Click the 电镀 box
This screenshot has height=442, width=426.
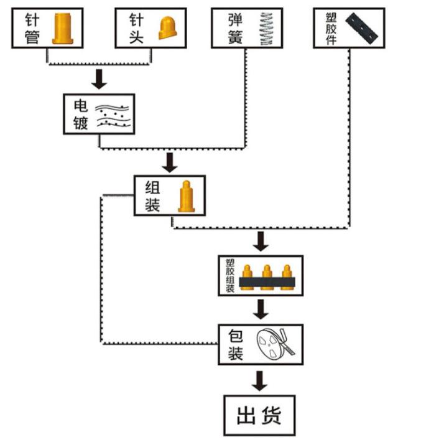pyautogui.click(x=100, y=113)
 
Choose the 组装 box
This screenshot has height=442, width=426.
pyautogui.click(x=169, y=195)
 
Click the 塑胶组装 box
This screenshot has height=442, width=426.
pyautogui.click(x=261, y=275)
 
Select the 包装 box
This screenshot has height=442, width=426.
pyautogui.click(x=261, y=344)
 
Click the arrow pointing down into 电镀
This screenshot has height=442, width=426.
pyautogui.click(x=99, y=79)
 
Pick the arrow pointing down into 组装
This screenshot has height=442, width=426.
pyautogui.click(x=169, y=162)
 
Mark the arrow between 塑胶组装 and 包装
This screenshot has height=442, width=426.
pyautogui.click(x=262, y=309)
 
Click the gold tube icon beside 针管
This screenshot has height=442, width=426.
pyautogui.click(x=62, y=29)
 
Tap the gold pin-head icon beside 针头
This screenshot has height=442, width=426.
pyautogui.click(x=169, y=28)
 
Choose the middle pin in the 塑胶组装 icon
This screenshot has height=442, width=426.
pyautogui.click(x=267, y=275)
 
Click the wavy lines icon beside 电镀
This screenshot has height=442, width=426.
pyautogui.click(x=114, y=115)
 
